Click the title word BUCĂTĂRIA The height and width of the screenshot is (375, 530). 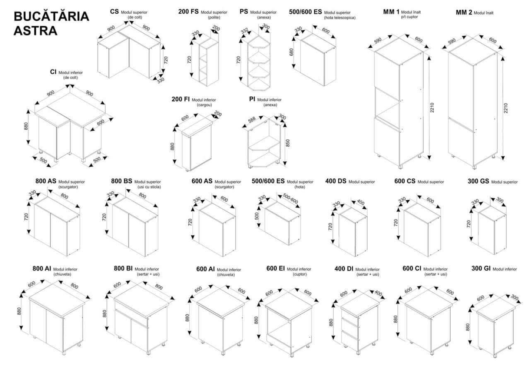pyautogui.click(x=51, y=17)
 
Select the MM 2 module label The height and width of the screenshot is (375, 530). pyautogui.click(x=464, y=12)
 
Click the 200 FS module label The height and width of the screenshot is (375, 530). pyautogui.click(x=188, y=12)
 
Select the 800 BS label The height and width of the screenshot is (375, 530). pyautogui.click(x=122, y=181)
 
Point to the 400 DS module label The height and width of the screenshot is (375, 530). pyautogui.click(x=336, y=181)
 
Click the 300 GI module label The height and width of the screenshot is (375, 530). pyautogui.click(x=481, y=269)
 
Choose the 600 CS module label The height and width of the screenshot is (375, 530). pyautogui.click(x=405, y=181)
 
